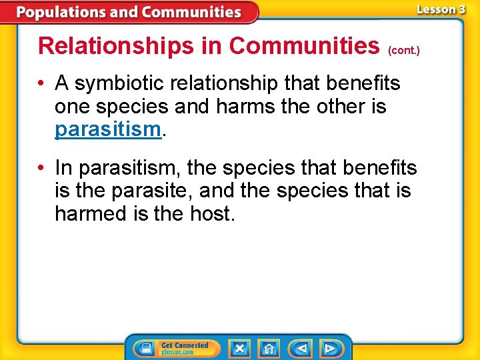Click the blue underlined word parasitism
[x=108, y=129]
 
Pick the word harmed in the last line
[x=88, y=214]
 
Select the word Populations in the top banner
[x=60, y=12]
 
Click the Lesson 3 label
[x=441, y=9]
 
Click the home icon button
[x=268, y=348]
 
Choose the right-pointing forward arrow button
[x=330, y=348]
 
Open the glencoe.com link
[x=178, y=352]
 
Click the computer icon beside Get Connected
[x=144, y=348]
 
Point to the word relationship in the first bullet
[x=227, y=83]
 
